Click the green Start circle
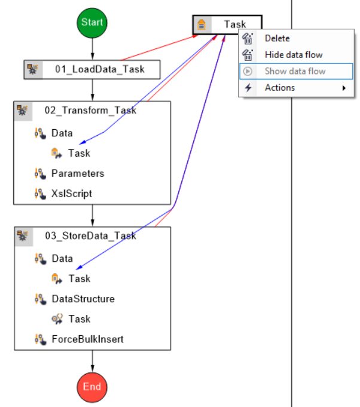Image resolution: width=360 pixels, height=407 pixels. coord(92,23)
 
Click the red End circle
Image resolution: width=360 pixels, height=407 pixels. coord(92,386)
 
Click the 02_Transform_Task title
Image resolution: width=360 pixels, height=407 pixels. coord(90,111)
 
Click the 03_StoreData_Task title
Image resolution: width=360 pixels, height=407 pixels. coord(90,236)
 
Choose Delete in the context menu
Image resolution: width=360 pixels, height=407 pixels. coord(277,38)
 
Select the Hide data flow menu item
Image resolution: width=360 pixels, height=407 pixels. coord(294,55)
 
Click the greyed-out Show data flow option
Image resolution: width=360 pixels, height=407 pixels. coord(295,71)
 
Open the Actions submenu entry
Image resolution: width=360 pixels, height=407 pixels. coord(280,88)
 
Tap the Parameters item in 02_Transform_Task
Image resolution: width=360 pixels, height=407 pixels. coord(77,173)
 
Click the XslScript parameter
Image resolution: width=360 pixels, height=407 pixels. coord(71,194)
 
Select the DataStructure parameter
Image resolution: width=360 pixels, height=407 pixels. coord(83,299)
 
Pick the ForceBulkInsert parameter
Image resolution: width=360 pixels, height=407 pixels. coord(87,339)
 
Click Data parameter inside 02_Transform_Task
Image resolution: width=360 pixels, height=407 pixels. coord(62,133)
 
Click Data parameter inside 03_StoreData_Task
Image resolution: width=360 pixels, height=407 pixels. coord(62,259)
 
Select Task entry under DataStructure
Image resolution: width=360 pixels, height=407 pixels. coord(79,319)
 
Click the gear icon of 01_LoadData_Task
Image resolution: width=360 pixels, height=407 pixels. coord(32,69)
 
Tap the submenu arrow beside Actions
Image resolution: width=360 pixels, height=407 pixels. coord(344,88)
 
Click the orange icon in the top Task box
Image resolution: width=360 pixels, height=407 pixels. coord(202,25)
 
